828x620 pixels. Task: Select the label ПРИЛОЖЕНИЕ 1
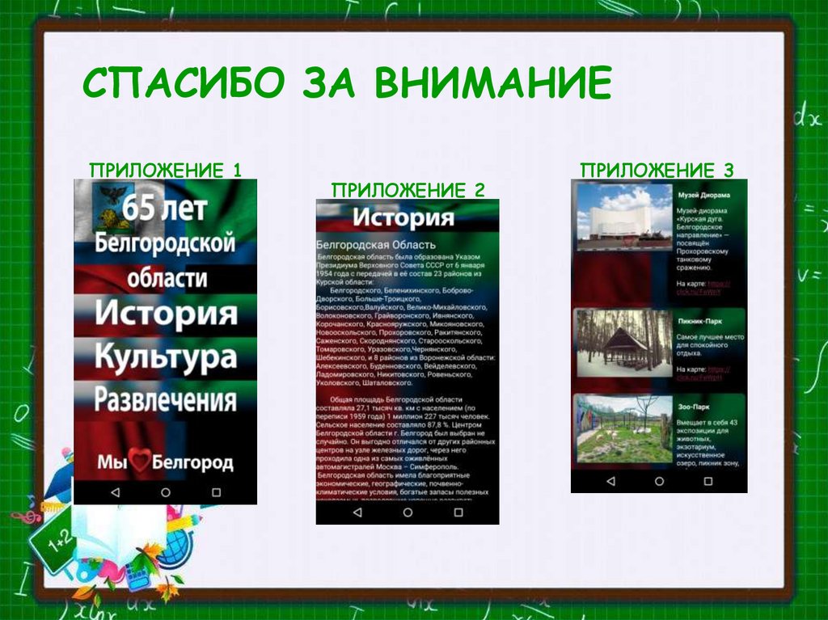[x=165, y=170]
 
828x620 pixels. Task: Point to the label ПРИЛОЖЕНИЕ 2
[x=408, y=190]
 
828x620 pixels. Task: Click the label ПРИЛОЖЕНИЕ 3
[x=657, y=170]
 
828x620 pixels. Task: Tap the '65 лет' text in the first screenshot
[x=165, y=208]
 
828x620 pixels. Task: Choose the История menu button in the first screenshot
[x=165, y=314]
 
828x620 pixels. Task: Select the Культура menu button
[x=165, y=356]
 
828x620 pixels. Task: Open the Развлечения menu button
[x=165, y=399]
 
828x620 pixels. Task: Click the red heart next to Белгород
[x=141, y=462]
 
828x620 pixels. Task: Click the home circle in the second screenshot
[x=408, y=512]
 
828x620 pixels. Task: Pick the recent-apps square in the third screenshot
[x=708, y=481]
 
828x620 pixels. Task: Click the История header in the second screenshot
[x=403, y=217]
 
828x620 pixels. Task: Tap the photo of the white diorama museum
[x=623, y=216]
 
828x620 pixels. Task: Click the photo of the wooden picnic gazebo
[x=623, y=343]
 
